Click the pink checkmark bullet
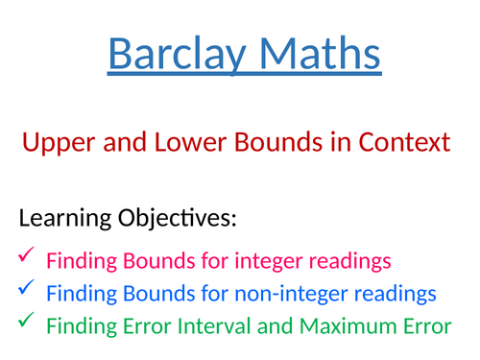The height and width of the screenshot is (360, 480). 26,255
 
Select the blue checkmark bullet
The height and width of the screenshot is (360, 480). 26,288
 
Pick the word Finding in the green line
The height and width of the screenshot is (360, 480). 80,326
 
